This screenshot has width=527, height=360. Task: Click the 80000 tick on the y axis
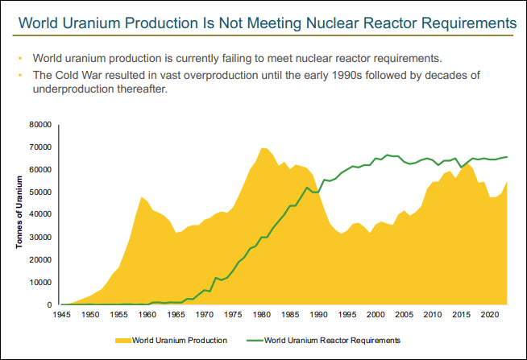[x=39, y=125]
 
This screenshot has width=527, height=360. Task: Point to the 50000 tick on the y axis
[x=39, y=192]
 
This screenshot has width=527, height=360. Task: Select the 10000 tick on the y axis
[x=39, y=283]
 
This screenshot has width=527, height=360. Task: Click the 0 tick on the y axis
[x=49, y=305]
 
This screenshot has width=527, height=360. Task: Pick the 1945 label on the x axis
[x=61, y=317]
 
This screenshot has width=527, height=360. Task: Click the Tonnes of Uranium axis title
[x=19, y=215]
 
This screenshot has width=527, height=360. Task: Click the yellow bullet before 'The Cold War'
[x=19, y=76]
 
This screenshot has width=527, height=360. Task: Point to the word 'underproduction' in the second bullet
[x=75, y=89]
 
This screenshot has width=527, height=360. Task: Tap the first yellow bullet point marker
[x=19, y=59]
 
